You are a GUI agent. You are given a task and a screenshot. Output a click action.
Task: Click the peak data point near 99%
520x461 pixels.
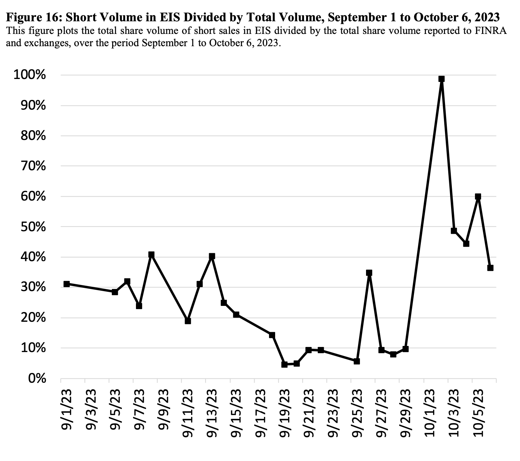click(441, 79)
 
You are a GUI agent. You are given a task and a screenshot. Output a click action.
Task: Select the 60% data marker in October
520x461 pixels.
click(478, 197)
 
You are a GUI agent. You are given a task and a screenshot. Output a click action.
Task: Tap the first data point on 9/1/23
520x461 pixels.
click(66, 284)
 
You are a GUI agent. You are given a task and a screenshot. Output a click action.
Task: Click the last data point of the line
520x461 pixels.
click(490, 268)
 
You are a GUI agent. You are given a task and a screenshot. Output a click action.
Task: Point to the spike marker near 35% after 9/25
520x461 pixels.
click(369, 273)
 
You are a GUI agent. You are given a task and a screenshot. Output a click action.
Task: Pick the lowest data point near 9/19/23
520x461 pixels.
click(284, 364)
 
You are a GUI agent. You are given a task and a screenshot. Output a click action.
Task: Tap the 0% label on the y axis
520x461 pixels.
click(37, 379)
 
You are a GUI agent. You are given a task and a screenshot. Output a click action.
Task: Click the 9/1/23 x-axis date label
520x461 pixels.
click(67, 409)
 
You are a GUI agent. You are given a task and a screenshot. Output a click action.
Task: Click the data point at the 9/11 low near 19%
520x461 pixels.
click(188, 321)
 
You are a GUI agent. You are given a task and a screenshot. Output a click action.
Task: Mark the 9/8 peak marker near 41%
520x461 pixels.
click(151, 255)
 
